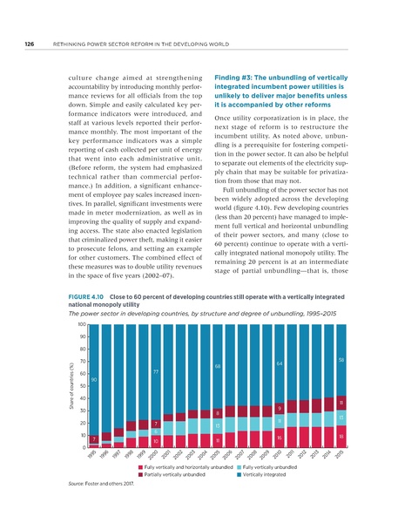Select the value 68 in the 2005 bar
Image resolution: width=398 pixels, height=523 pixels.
pyautogui.click(x=217, y=366)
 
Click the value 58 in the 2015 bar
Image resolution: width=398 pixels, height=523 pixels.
pyautogui.click(x=342, y=359)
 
